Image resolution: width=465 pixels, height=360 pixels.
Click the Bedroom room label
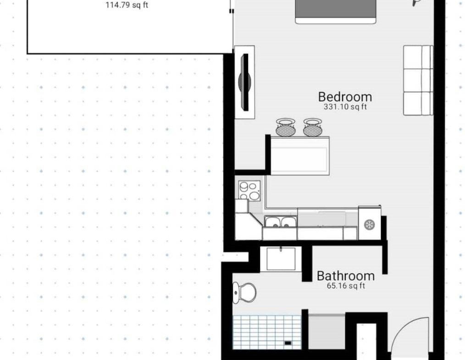pos(345,97)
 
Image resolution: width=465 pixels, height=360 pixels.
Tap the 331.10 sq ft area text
pos(345,107)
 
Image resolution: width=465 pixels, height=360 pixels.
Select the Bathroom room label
pos(345,276)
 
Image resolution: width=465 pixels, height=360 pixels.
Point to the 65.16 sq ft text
pos(346,286)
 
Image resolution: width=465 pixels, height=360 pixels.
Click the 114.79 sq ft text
pos(127,6)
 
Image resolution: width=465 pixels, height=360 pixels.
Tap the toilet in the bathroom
pos(244,293)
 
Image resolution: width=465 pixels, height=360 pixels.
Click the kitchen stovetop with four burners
pos(249,191)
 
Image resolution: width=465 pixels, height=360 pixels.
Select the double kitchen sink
pos(281,222)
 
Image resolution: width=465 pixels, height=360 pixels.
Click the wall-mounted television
pos(245,82)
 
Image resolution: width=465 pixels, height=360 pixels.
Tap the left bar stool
pos(286,127)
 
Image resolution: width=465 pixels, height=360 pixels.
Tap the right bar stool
pos(313,127)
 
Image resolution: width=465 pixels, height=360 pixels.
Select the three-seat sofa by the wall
pos(418,80)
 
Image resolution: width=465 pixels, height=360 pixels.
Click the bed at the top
pos(336,11)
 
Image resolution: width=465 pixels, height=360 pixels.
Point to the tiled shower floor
pos(267,332)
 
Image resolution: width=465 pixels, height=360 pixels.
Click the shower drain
pos(288,343)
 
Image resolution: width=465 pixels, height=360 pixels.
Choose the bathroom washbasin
pos(281,259)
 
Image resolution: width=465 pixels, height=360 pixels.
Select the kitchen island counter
pos(300,156)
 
